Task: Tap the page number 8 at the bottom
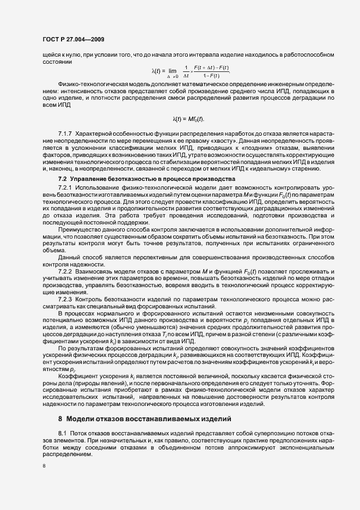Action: pos(44,466)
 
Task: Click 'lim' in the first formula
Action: pos(172,70)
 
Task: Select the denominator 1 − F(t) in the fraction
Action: pos(216,75)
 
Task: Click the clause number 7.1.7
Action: pos(65,133)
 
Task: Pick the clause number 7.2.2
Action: pos(65,271)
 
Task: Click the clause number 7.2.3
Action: pos(65,299)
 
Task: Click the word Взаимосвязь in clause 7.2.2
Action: pos(95,271)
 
